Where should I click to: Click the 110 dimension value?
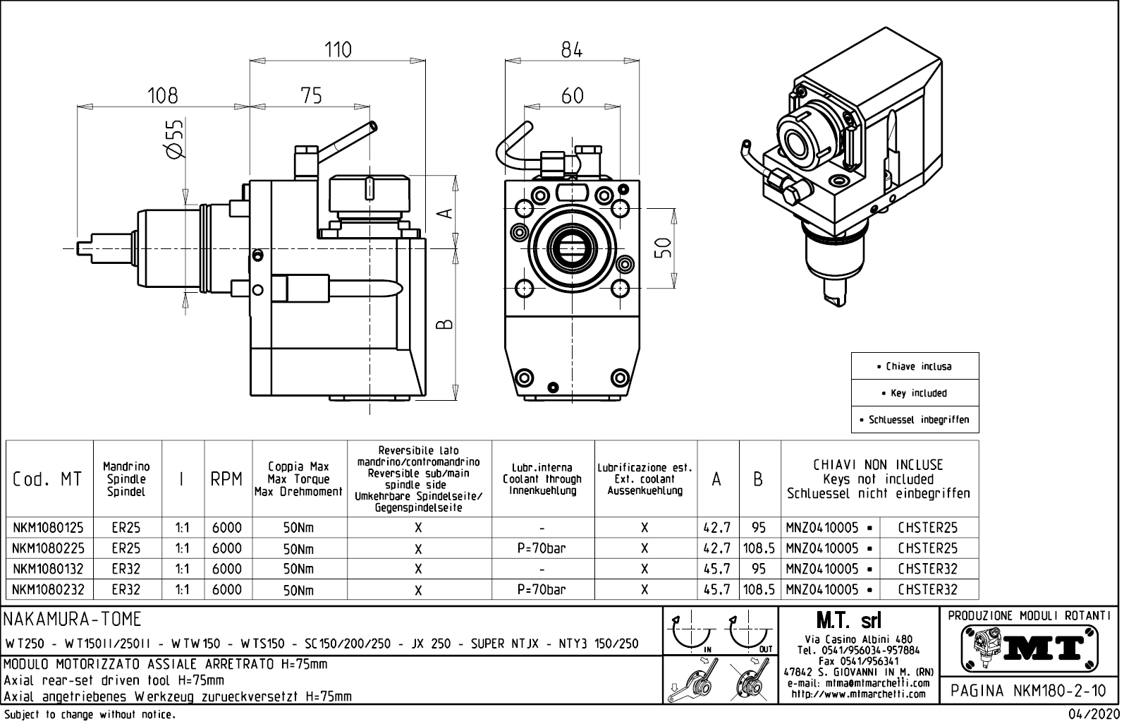(x=338, y=49)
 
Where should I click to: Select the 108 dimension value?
(x=162, y=95)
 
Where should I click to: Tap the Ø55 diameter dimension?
(x=174, y=138)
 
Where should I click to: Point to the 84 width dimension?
(x=572, y=49)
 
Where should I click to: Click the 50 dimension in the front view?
(x=662, y=248)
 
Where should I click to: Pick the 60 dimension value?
(x=572, y=95)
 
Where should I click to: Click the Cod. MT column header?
(x=48, y=479)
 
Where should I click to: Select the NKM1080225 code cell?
(x=48, y=548)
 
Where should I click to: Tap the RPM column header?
(x=227, y=479)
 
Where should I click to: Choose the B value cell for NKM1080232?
(x=759, y=589)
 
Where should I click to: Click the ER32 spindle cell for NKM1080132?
(x=126, y=569)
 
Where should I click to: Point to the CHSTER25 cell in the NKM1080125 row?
(x=927, y=527)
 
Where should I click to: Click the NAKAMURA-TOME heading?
(x=73, y=620)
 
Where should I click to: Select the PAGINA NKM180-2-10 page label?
(x=1030, y=690)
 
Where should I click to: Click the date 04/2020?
(x=1094, y=715)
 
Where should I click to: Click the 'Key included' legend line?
(x=915, y=393)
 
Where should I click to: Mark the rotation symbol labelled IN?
(x=691, y=633)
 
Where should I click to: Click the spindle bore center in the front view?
(x=572, y=248)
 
